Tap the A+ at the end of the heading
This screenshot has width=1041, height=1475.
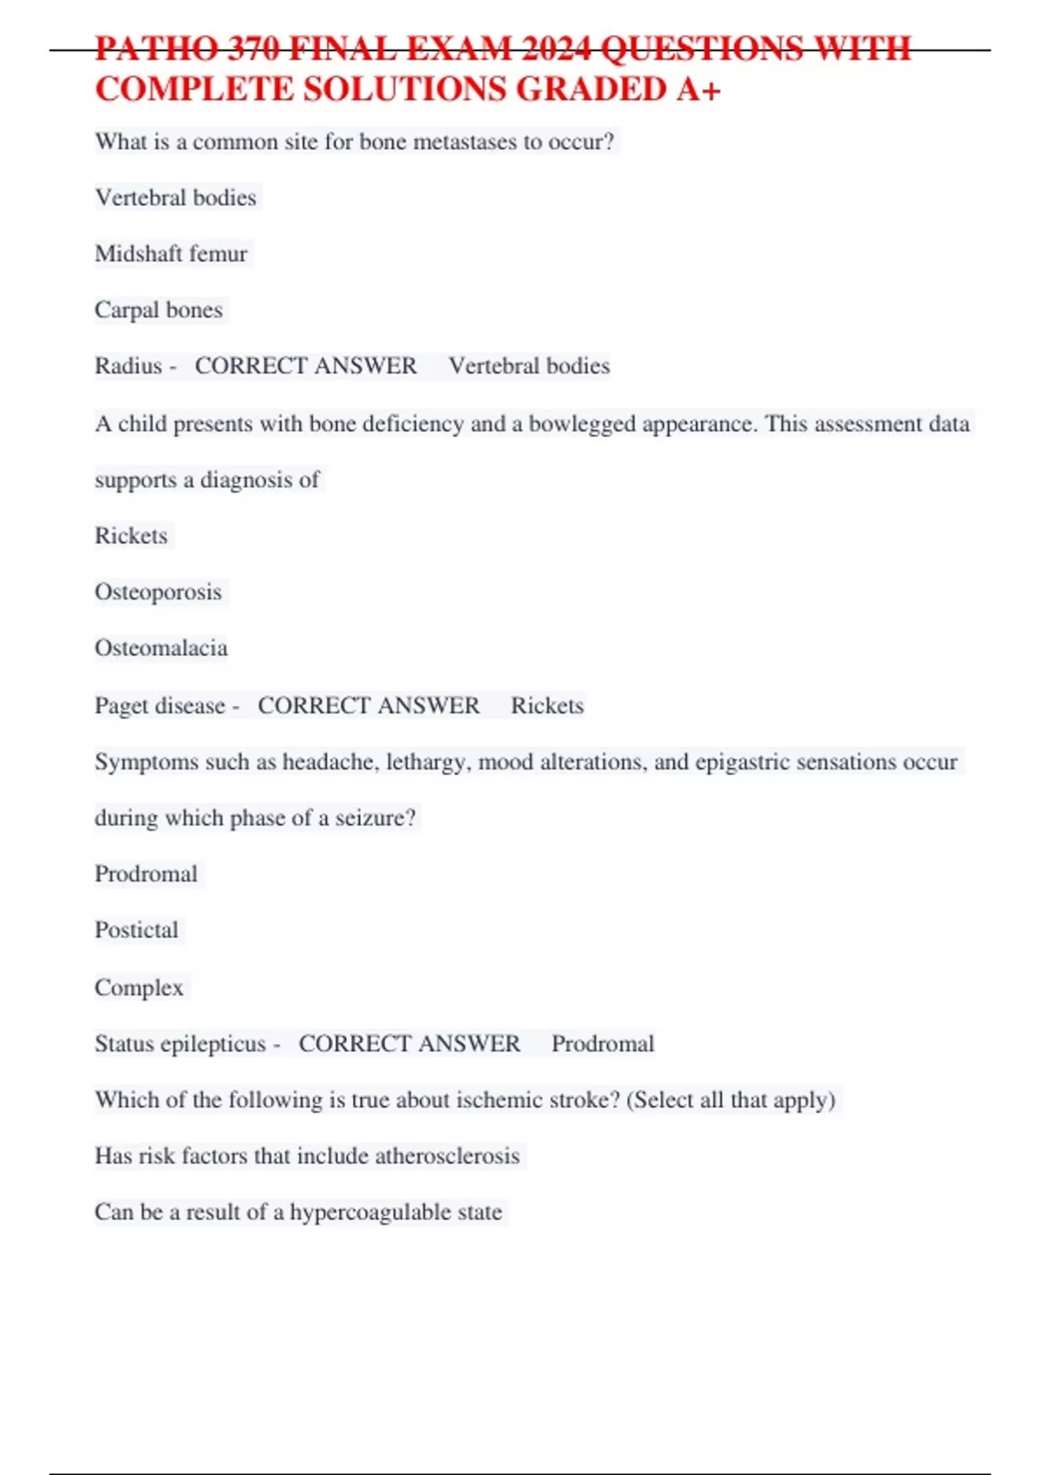pos(698,90)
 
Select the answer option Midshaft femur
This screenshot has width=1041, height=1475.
pos(171,254)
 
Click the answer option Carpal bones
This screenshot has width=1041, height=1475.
pos(159,310)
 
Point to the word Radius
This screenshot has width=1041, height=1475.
pos(128,366)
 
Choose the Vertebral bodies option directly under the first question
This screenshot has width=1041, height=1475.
pos(175,198)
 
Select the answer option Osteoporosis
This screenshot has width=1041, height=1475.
pos(158,592)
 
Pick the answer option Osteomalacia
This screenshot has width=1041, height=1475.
pos(161,648)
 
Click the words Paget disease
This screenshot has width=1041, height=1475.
pos(160,705)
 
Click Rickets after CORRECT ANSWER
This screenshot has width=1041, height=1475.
pos(547,705)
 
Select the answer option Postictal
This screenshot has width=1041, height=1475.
pos(136,930)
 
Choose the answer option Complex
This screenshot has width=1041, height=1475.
pos(139,987)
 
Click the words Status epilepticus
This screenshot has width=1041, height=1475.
pos(180,1044)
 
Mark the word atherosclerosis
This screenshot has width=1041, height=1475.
pos(447,1156)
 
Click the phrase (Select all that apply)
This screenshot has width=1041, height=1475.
pos(730,1100)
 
